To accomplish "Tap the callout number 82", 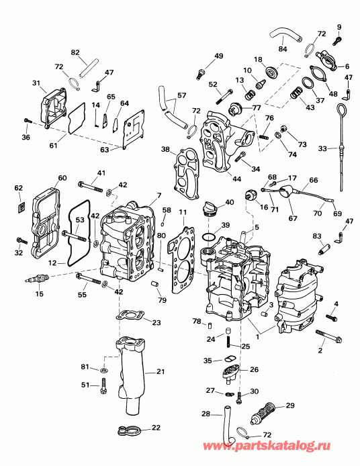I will (75, 52).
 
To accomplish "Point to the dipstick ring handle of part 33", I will (344, 109).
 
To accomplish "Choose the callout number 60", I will (62, 178).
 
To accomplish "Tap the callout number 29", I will (290, 406).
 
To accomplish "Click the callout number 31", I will (36, 83).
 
